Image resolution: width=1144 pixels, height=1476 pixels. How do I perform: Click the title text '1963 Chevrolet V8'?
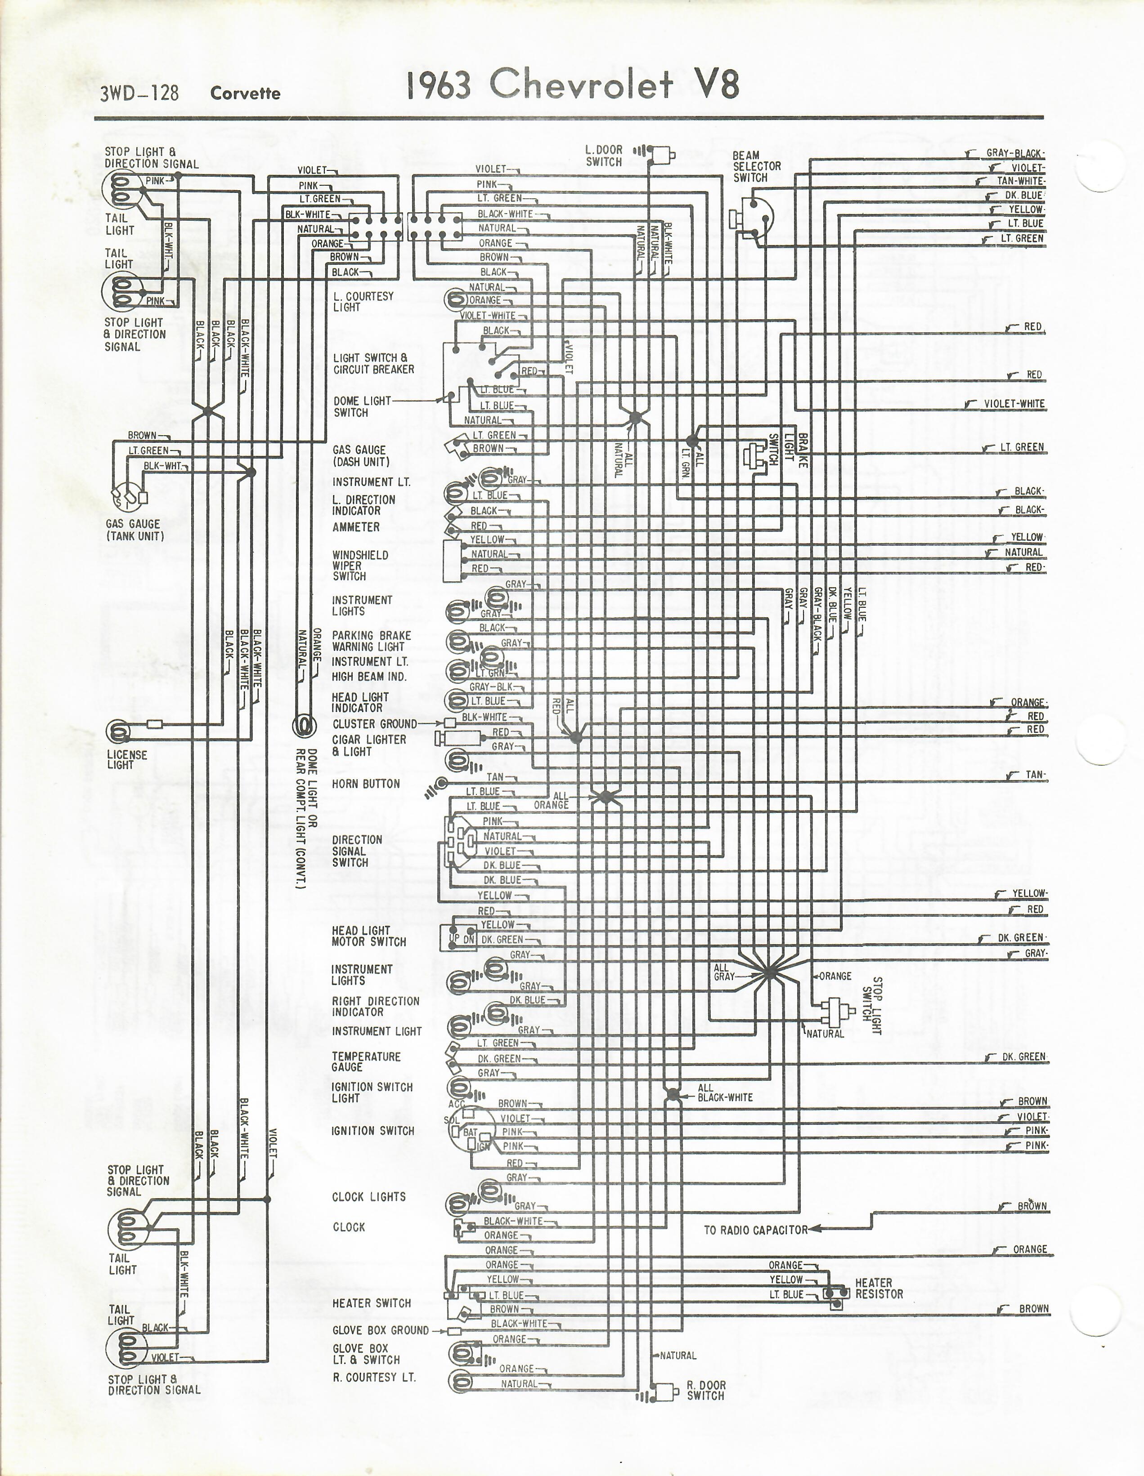tap(573, 85)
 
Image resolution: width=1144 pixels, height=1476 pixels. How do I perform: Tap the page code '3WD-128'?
tap(139, 93)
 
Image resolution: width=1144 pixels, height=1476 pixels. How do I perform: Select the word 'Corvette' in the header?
tap(245, 93)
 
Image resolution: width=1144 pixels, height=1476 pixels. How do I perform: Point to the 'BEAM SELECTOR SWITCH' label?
tap(757, 166)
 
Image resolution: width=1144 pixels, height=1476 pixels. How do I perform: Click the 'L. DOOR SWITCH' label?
tap(604, 156)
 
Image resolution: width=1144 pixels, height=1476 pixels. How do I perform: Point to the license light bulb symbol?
tap(118, 731)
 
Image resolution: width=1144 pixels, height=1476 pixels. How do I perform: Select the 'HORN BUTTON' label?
tap(366, 784)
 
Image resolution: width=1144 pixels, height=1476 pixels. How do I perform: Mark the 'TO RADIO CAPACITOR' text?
tap(756, 1230)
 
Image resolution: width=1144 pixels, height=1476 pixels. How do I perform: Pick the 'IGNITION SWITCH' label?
tap(372, 1131)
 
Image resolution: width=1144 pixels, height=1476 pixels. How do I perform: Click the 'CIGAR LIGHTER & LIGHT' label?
tap(368, 745)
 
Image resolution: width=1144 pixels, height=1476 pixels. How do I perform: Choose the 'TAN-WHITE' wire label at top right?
tap(1021, 181)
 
